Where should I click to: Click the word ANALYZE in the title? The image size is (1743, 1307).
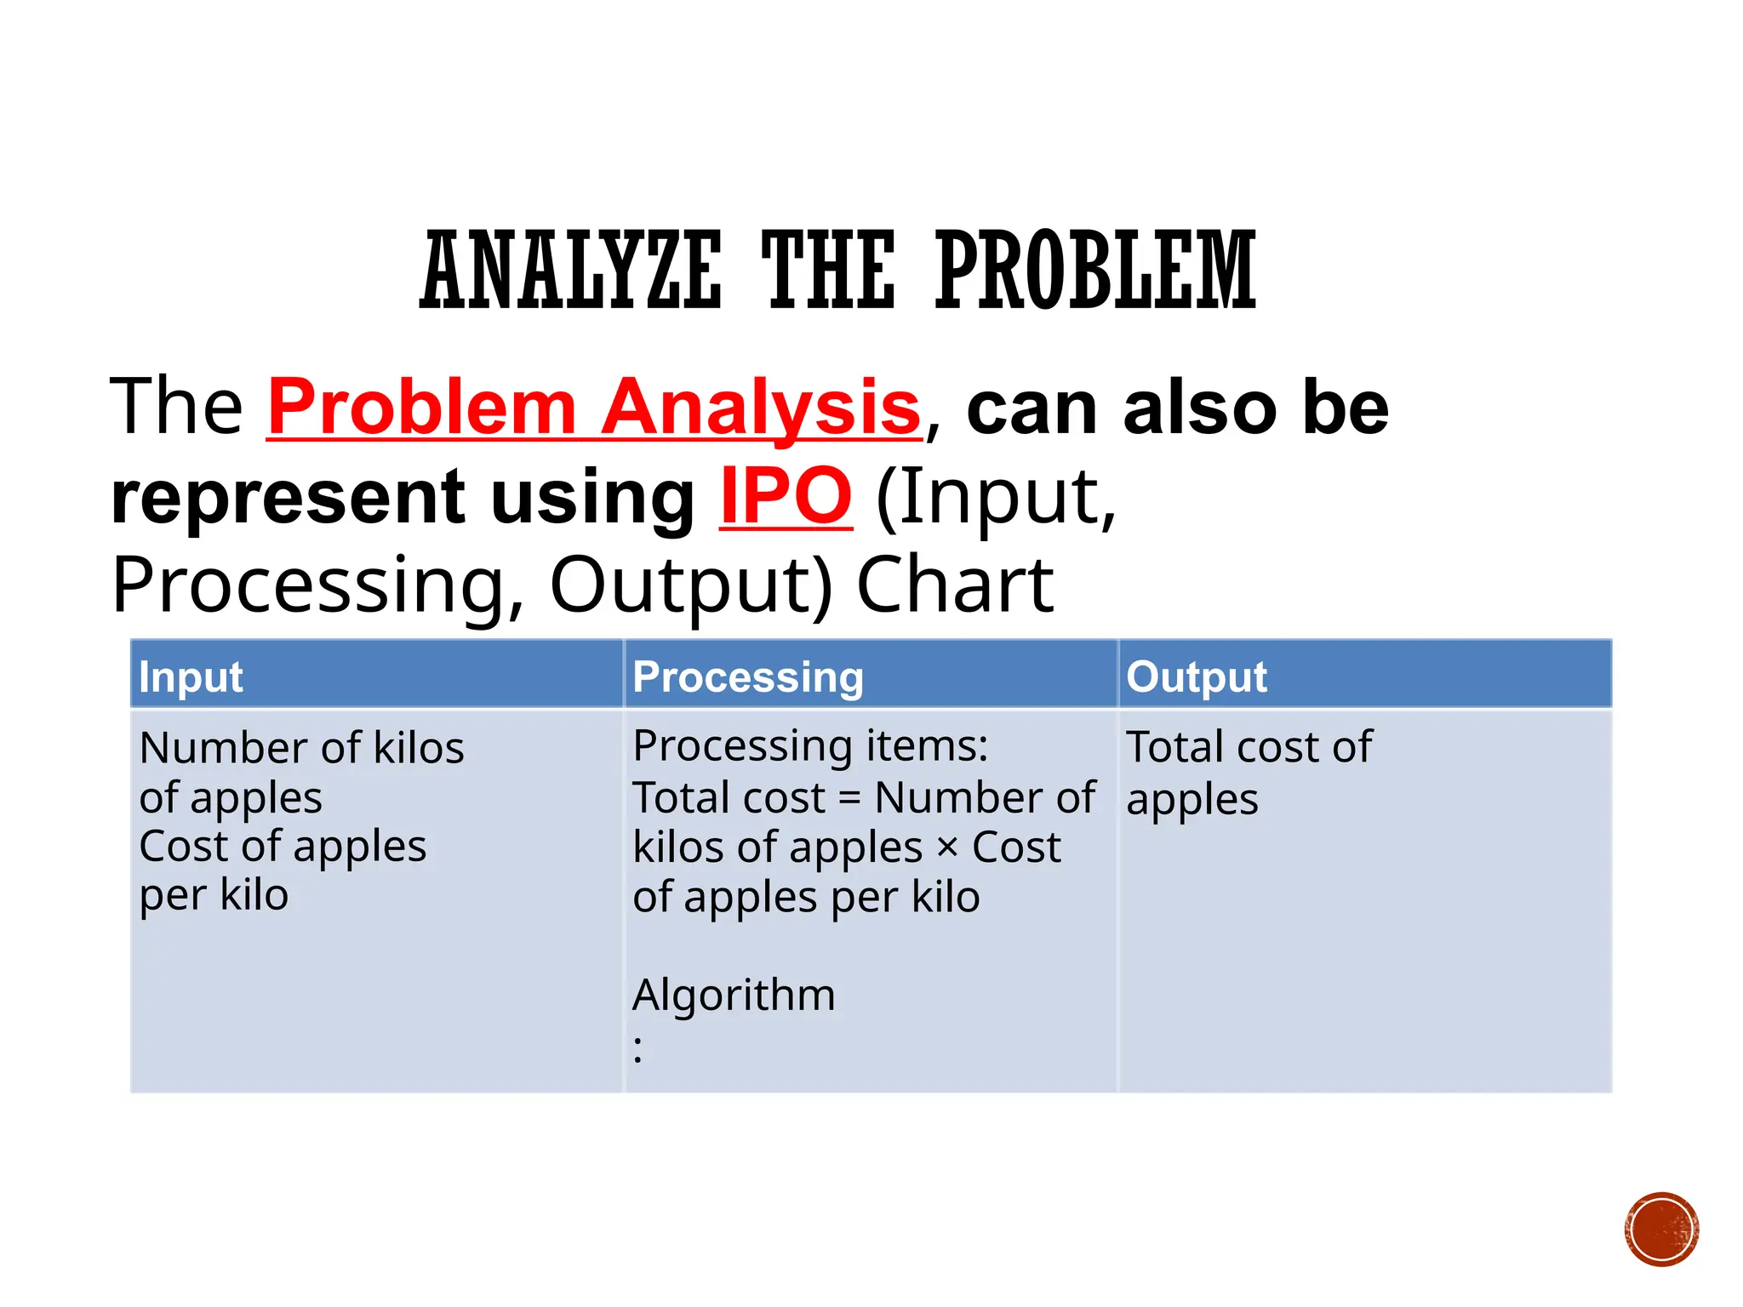[571, 271]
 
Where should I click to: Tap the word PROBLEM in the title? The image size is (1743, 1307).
[1095, 271]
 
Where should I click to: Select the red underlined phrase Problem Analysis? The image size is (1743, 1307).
[594, 408]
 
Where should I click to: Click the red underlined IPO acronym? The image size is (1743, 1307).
[785, 496]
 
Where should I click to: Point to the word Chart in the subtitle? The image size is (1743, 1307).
[955, 585]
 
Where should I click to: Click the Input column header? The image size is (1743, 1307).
[191, 677]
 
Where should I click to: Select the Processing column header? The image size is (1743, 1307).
[748, 677]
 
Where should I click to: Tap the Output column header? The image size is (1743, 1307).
[1197, 677]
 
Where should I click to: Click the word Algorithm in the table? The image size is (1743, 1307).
[734, 994]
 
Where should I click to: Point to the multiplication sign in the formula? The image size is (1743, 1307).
[947, 848]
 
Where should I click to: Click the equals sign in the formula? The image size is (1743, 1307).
[849, 799]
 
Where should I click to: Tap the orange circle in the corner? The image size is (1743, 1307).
[1661, 1230]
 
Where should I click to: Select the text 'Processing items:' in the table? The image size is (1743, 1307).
[810, 745]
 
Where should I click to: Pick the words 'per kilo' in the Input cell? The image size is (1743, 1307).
[214, 895]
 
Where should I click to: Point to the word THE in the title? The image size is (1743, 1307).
[828, 271]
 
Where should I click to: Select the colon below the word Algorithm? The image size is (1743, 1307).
[637, 1049]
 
